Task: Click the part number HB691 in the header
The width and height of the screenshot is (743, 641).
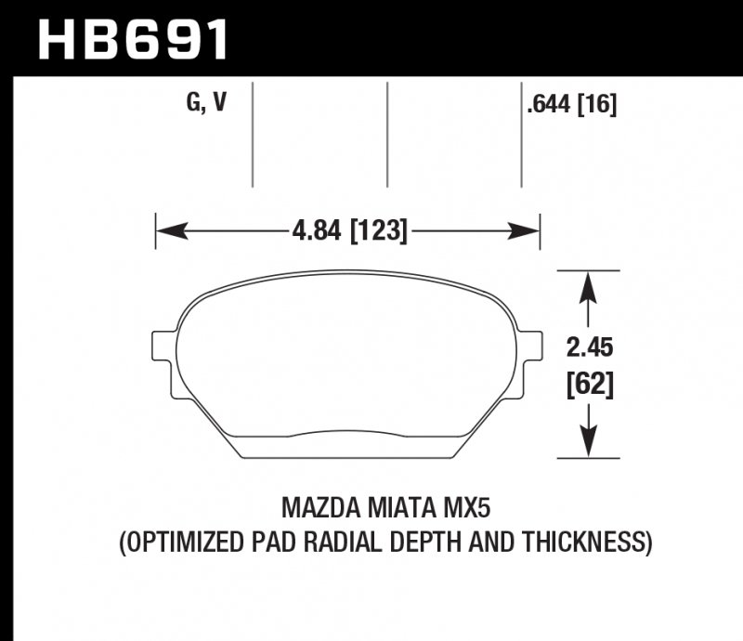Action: pyautogui.click(x=132, y=39)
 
